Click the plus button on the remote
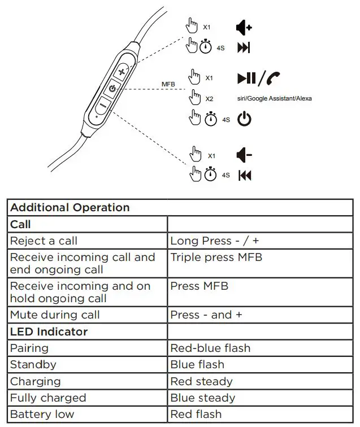click(123, 72)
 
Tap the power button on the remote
click(112, 89)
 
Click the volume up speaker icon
click(244, 27)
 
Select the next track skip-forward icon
click(244, 48)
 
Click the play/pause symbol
click(246, 79)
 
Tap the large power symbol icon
click(244, 119)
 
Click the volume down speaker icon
click(244, 155)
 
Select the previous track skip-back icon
click(244, 175)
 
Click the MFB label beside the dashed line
click(168, 85)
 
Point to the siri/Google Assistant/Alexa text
click(274, 98)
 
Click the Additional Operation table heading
click(70, 207)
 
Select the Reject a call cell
click(44, 241)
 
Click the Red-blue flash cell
click(210, 348)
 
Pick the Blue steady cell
click(202, 398)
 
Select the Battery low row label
click(42, 414)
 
